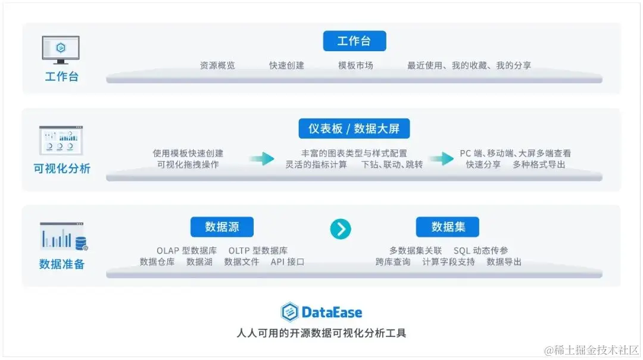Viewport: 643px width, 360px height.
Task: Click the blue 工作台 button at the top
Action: (x=354, y=41)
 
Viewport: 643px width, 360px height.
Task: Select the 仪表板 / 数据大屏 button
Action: (x=354, y=129)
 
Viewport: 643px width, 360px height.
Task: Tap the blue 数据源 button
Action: (x=222, y=227)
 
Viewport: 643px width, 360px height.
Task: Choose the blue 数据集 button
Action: (x=447, y=227)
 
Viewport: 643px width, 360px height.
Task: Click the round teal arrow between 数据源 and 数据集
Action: (x=341, y=228)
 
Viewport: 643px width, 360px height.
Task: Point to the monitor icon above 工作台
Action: (x=61, y=50)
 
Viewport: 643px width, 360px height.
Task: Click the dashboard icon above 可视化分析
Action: (x=61, y=141)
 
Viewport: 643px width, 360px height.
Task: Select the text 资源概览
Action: (x=217, y=65)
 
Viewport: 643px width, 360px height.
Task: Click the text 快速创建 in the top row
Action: (x=286, y=65)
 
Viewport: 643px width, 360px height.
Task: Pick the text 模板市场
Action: (x=355, y=65)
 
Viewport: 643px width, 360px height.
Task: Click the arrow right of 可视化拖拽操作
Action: (x=262, y=159)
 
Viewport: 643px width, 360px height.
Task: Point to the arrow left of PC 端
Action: (x=441, y=159)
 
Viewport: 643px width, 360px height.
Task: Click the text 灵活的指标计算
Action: (x=316, y=164)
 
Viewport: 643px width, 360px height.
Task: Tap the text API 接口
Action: (x=288, y=261)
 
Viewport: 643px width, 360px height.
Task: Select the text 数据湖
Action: (x=199, y=261)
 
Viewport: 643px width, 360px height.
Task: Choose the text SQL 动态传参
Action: (x=481, y=251)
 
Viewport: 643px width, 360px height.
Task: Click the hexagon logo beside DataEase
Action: (x=289, y=312)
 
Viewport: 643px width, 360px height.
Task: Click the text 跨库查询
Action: (x=393, y=261)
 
